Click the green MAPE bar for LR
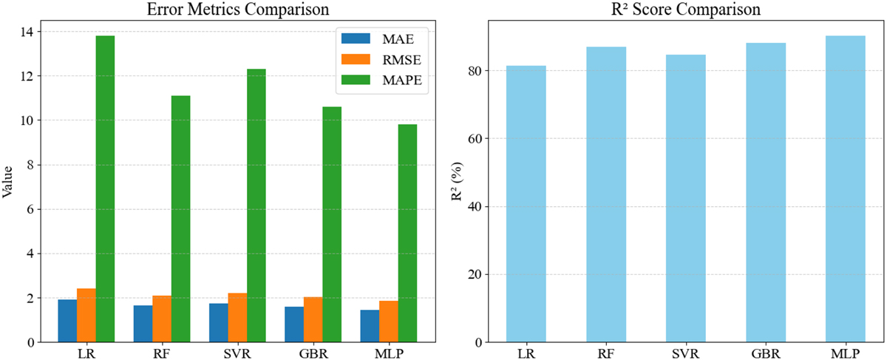coord(105,189)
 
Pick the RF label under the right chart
coord(606,353)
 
